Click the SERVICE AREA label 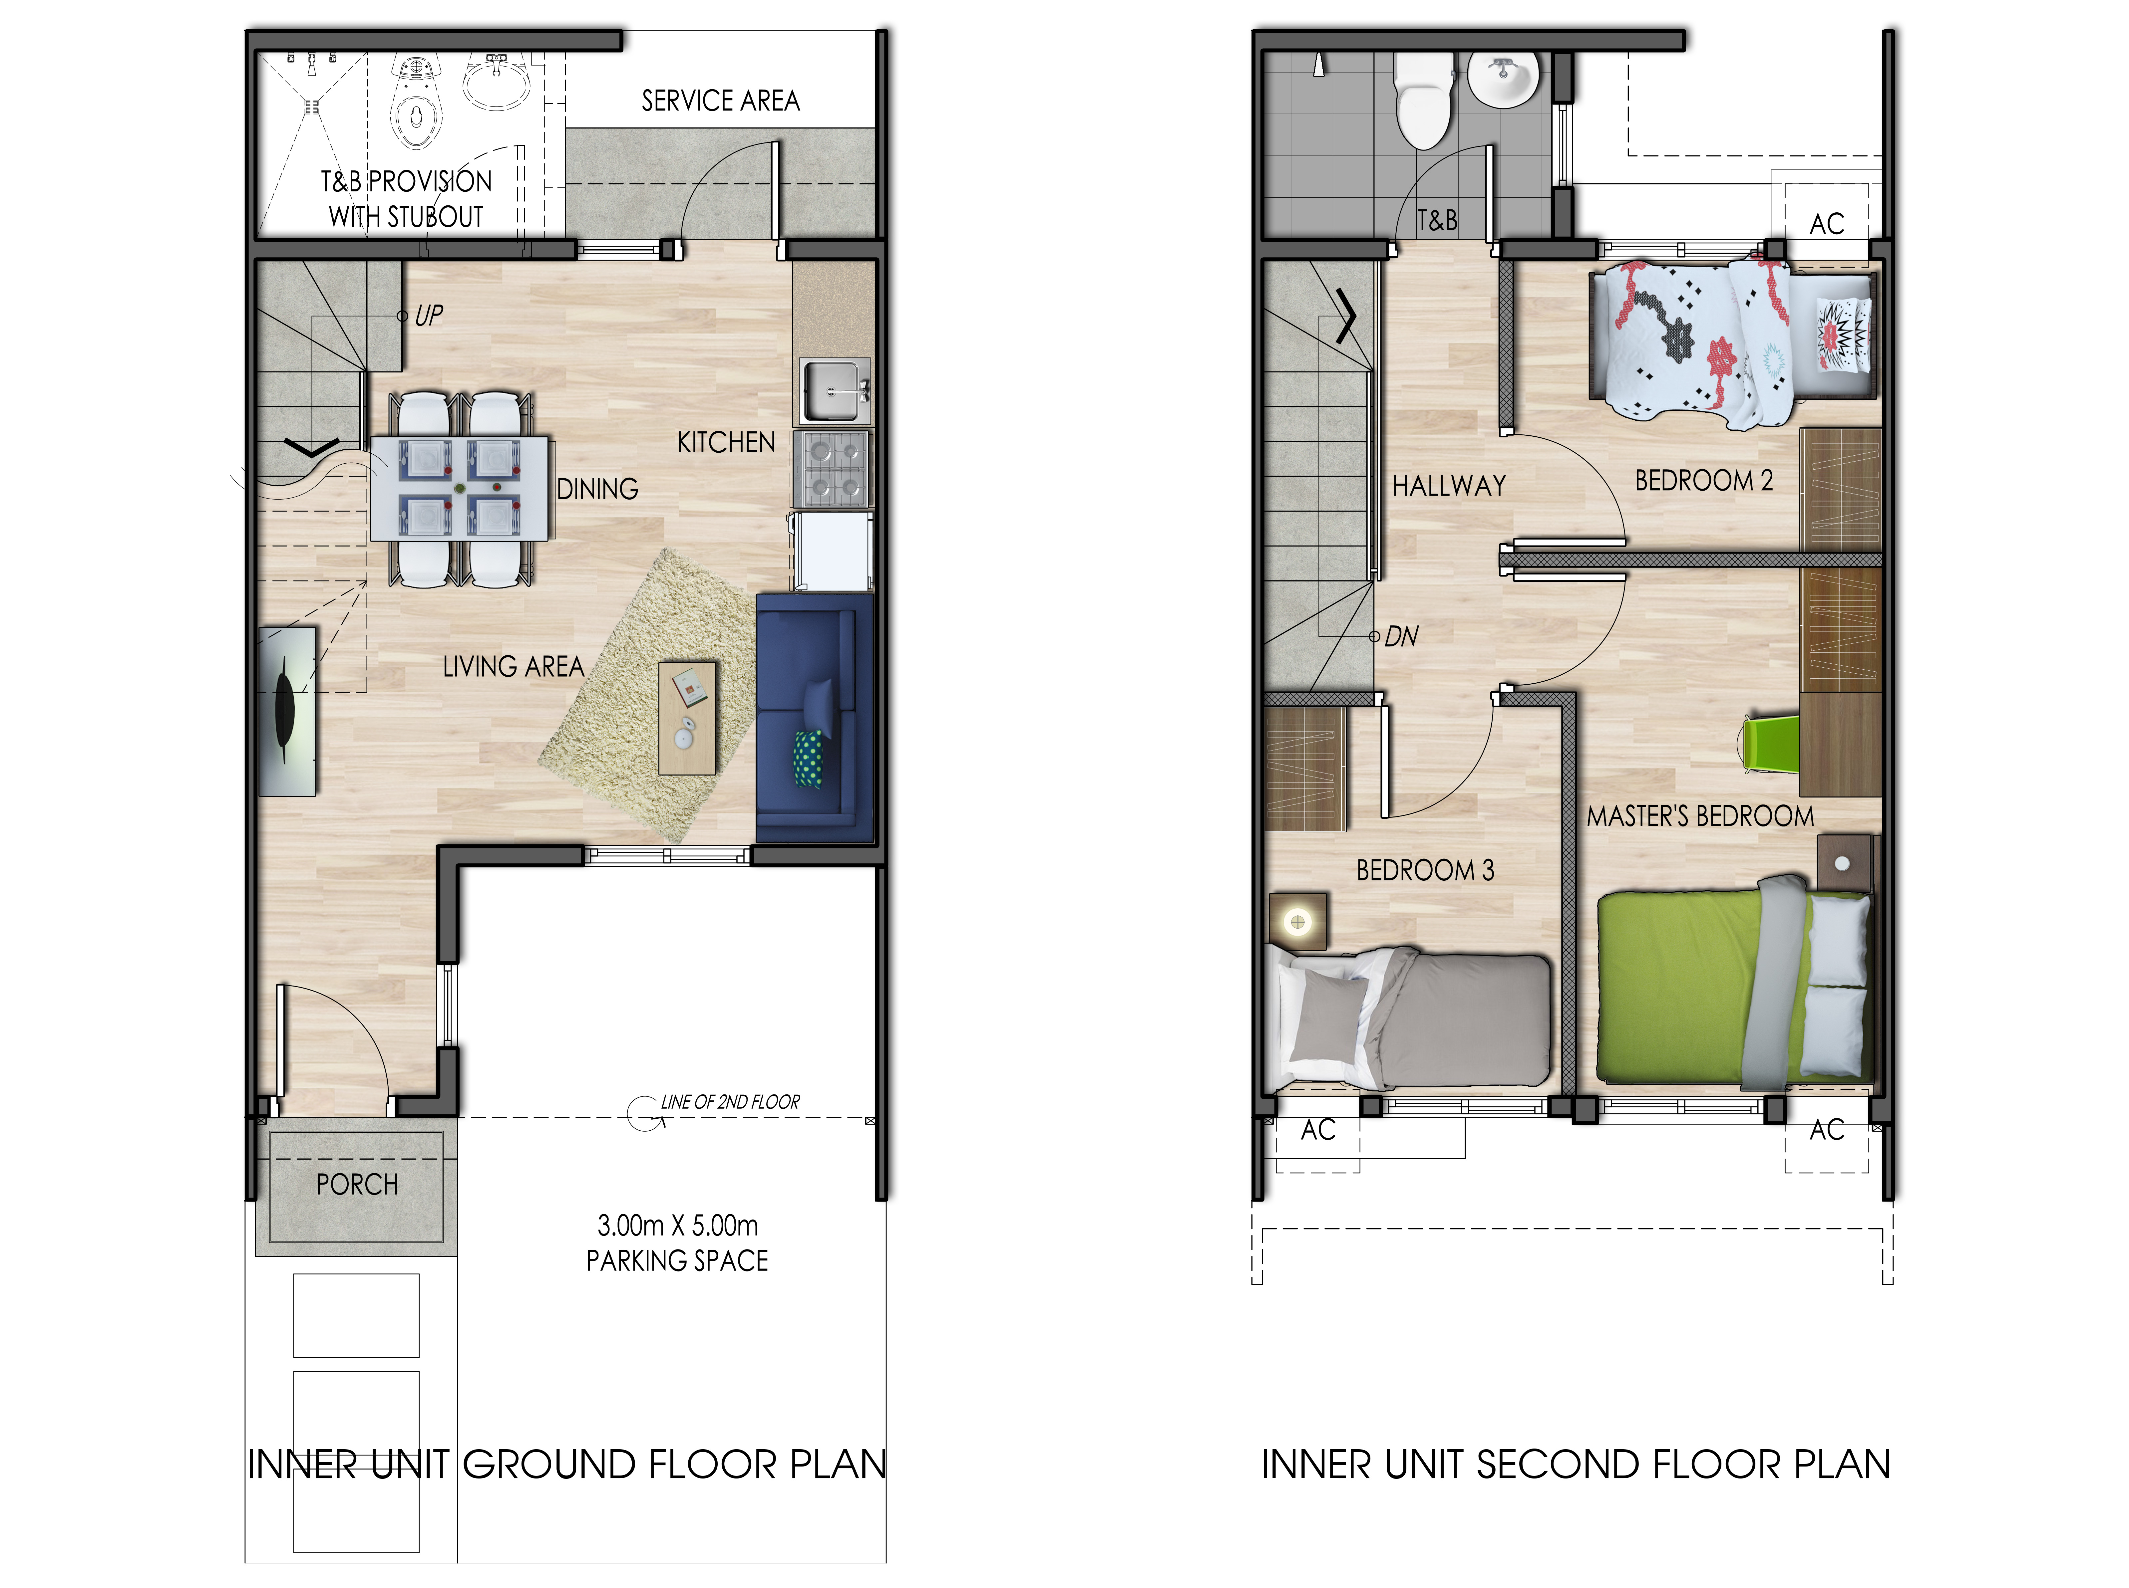(x=720, y=101)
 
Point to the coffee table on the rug (x=688, y=717)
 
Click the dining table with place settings (x=460, y=488)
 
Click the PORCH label (x=357, y=1184)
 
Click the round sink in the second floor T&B (x=1503, y=80)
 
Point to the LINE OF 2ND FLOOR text (x=730, y=1102)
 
